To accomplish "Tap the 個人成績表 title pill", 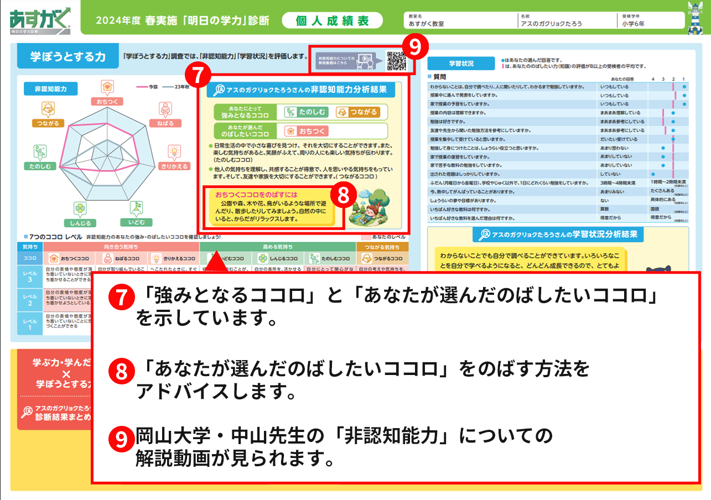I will click(332, 20).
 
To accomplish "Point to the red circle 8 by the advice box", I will click(343, 195).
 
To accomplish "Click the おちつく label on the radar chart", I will click(107, 102).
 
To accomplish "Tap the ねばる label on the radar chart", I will click(165, 123).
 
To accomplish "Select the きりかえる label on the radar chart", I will click(174, 165).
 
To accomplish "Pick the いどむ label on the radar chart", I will click(137, 222).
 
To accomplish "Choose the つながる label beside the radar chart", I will click(48, 123).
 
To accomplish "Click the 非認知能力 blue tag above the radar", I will click(51, 88).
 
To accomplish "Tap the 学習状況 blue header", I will click(459, 63).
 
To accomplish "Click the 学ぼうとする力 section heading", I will click(69, 56).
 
